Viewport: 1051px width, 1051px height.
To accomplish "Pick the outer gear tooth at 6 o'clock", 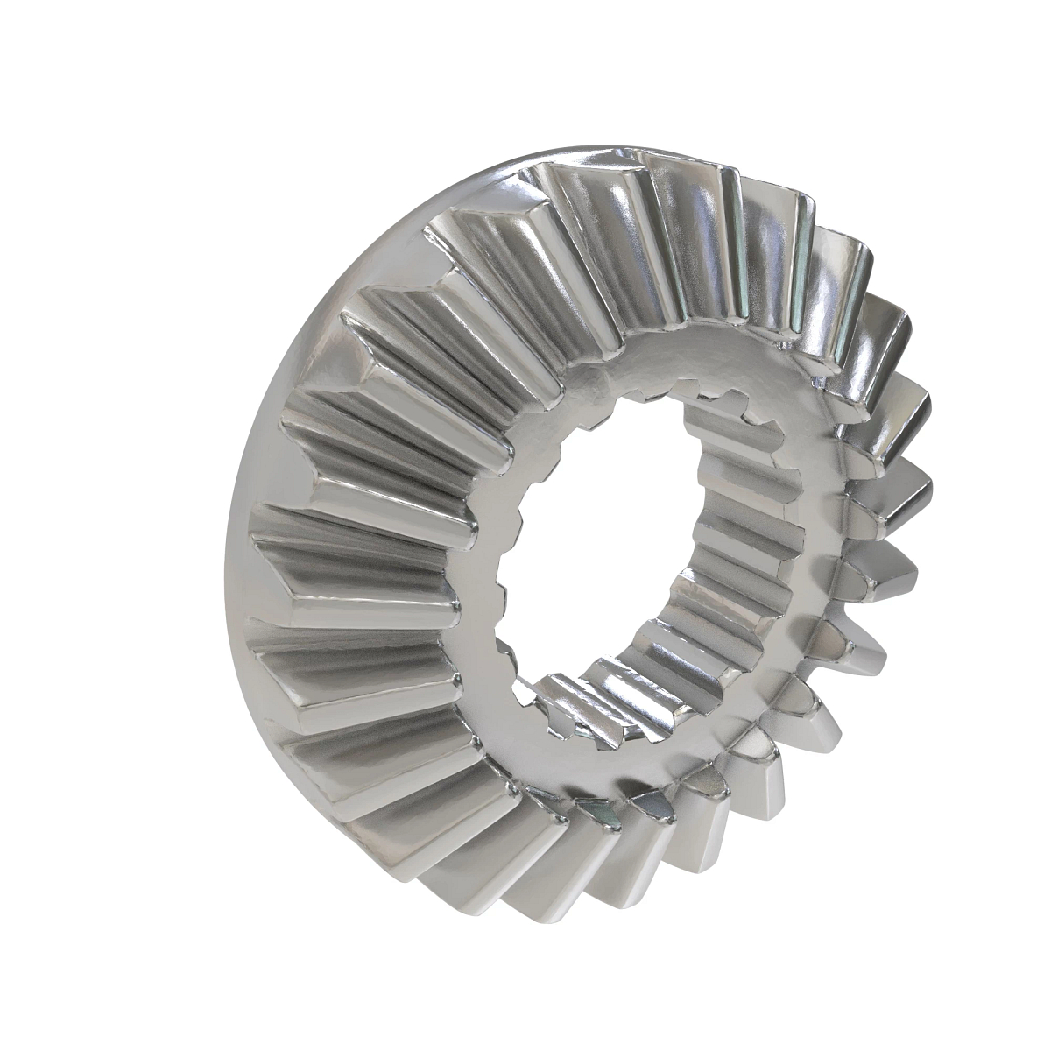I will (561, 876).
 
